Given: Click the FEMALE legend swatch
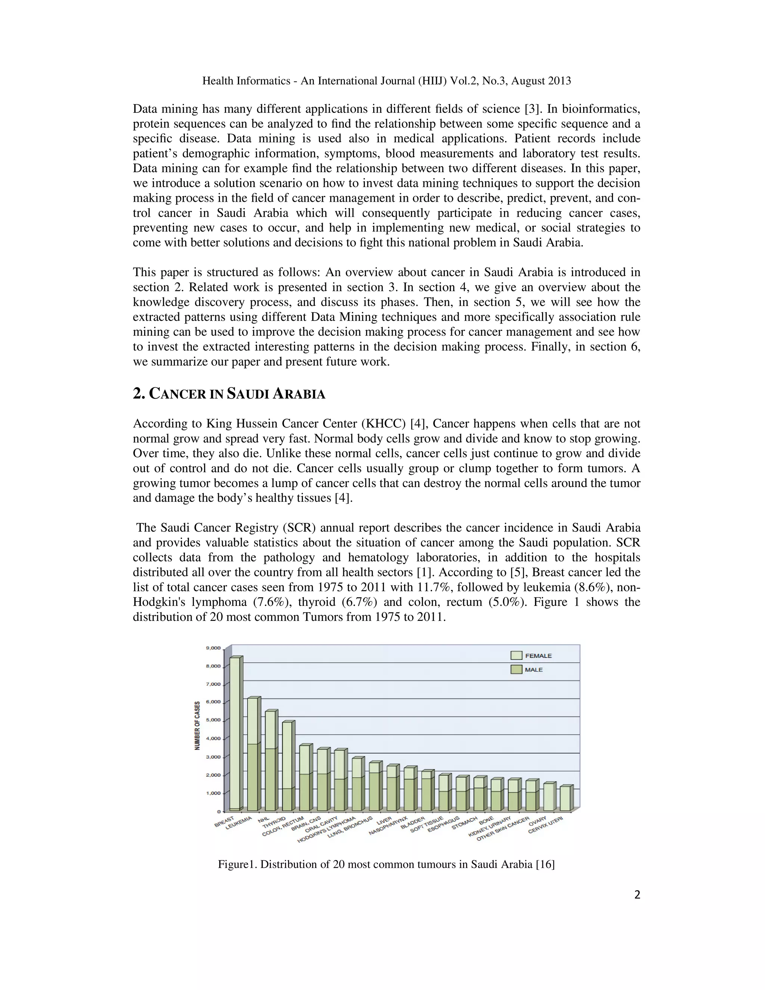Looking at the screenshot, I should coord(516,656).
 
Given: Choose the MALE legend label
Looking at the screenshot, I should coord(534,669).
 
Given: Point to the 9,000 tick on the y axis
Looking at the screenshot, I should coord(213,648).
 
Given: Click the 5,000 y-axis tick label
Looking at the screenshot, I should coord(213,720).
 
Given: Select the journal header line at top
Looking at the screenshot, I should coord(386,81).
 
